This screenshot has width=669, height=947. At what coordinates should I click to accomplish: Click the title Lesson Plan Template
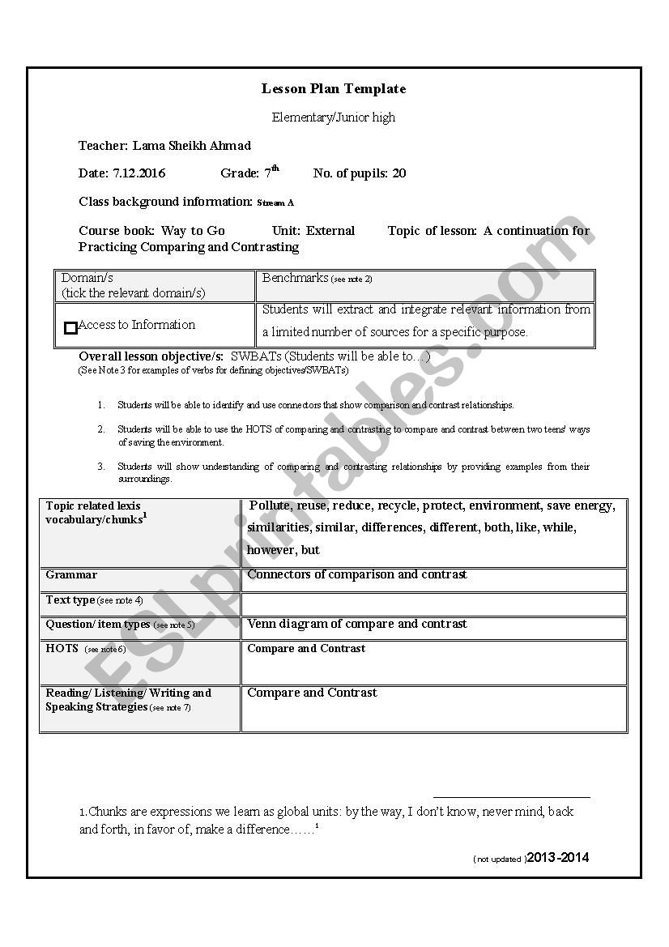click(x=334, y=89)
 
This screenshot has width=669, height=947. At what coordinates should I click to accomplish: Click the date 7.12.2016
click(x=138, y=173)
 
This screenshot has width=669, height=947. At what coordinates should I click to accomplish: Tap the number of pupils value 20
click(x=399, y=173)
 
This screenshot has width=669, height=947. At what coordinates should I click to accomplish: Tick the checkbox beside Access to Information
click(x=70, y=328)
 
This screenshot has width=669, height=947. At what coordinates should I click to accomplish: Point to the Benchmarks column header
click(x=295, y=278)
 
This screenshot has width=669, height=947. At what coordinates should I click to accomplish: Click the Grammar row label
click(x=71, y=575)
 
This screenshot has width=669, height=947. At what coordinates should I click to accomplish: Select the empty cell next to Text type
click(x=434, y=604)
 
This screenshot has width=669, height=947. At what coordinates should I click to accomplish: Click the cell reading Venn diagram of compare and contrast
click(x=357, y=625)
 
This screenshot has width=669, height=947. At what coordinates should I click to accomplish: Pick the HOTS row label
click(x=62, y=649)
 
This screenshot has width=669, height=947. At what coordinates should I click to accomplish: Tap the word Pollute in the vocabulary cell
click(x=271, y=505)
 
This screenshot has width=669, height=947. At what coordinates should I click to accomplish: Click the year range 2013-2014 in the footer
click(x=558, y=858)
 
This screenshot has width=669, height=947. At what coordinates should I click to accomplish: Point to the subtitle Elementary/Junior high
click(x=334, y=117)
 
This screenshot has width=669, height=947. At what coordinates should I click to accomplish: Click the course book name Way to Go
click(x=193, y=231)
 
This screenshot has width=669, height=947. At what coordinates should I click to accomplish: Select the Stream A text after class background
click(x=275, y=203)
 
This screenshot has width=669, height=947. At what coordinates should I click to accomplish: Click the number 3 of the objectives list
click(x=101, y=467)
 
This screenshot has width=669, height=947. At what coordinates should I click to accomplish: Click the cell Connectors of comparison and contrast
click(x=357, y=574)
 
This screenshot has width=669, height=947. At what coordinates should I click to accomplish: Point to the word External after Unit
click(x=330, y=231)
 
